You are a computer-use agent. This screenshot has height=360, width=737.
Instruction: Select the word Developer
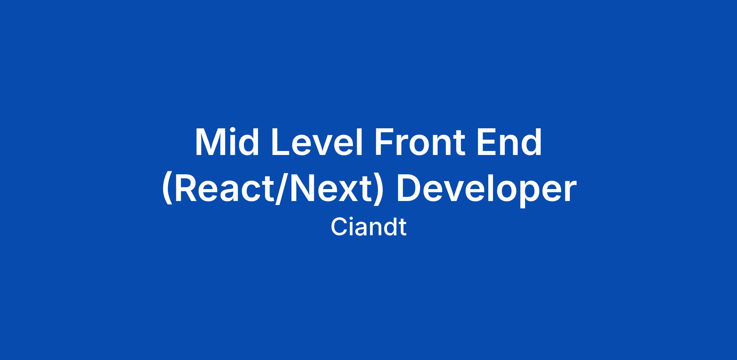[x=485, y=191]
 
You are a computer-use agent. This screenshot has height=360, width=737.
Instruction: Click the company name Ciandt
[x=368, y=227]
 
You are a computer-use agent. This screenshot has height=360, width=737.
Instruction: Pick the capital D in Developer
[x=410, y=188]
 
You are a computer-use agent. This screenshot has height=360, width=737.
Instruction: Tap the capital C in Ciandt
[x=339, y=228]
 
